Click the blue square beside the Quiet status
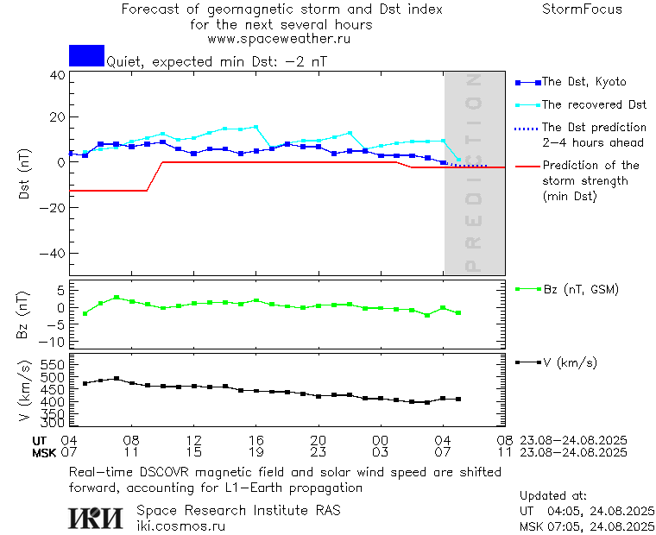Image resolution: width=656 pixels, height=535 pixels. point(86,55)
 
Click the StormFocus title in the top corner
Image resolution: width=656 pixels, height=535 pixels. point(582,9)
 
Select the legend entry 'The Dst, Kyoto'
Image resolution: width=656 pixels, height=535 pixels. point(583,82)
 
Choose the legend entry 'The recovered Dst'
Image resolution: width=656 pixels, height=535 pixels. point(594,105)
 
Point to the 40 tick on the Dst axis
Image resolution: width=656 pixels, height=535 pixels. point(57,75)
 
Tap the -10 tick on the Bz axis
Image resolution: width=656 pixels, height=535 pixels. point(54,342)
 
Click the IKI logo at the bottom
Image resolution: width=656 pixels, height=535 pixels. point(95,517)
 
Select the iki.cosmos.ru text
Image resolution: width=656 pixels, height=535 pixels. point(180,525)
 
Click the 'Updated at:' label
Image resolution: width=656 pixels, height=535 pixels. point(552,496)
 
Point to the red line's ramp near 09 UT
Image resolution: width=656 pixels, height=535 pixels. point(155,176)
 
